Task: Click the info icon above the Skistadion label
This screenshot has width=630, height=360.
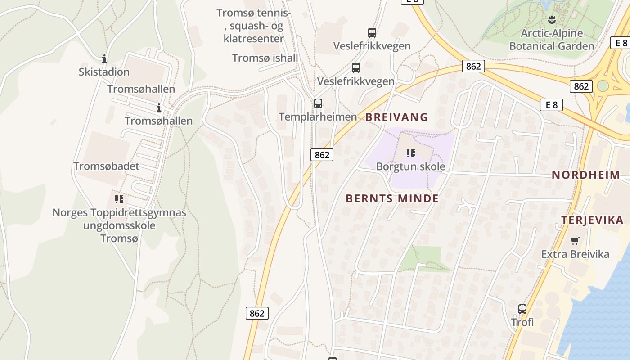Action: (104, 58)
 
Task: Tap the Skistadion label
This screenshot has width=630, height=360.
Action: (104, 72)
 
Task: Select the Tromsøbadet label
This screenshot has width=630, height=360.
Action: (106, 166)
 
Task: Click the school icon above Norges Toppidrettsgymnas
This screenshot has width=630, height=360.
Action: (119, 198)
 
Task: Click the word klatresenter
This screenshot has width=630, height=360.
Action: (254, 39)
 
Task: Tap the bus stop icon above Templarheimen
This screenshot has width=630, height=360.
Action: (318, 103)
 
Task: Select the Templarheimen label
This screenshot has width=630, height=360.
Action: (318, 117)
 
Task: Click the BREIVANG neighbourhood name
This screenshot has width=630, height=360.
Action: (396, 117)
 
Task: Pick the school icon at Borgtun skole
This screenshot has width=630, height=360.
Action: (410, 153)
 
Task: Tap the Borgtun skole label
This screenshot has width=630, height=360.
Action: (410, 166)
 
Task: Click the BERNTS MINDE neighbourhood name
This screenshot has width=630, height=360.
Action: (392, 198)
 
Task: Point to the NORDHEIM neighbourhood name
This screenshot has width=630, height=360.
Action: (586, 175)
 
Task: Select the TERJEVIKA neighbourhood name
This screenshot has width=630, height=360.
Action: (592, 220)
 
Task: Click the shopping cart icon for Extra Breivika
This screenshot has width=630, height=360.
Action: (575, 241)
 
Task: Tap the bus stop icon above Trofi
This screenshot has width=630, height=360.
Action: (522, 309)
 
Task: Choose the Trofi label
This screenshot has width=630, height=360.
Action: (522, 322)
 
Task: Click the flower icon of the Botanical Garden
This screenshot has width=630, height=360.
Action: (552, 19)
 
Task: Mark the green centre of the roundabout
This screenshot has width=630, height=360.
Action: (603, 85)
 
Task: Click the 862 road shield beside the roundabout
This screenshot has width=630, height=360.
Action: (580, 86)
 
